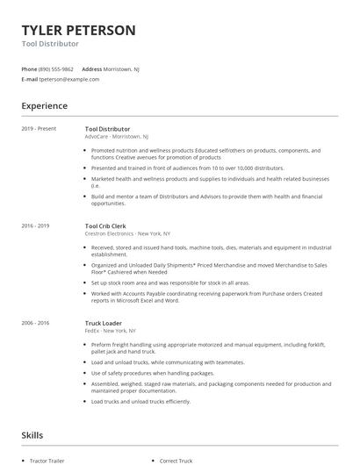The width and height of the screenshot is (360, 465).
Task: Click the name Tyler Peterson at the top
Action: [78, 30]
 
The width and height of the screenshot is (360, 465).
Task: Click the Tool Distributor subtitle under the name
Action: [50, 43]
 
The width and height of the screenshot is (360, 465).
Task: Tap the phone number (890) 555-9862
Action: [56, 68]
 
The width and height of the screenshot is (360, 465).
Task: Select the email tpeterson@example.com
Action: [69, 79]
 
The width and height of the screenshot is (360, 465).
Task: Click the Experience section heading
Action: [44, 106]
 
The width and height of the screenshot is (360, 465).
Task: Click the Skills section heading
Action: [32, 434]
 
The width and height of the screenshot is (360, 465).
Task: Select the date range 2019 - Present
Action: [39, 129]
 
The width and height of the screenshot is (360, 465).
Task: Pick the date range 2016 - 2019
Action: [35, 226]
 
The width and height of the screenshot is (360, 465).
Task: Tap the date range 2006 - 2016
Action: [35, 323]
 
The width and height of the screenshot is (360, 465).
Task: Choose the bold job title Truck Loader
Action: [104, 323]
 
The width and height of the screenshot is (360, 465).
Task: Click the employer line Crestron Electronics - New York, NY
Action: [127, 234]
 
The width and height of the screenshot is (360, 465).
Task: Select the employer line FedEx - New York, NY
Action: [109, 331]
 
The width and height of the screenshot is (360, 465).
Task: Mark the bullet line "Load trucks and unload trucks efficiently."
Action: [140, 402]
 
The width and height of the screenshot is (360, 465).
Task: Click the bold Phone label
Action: [29, 68]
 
